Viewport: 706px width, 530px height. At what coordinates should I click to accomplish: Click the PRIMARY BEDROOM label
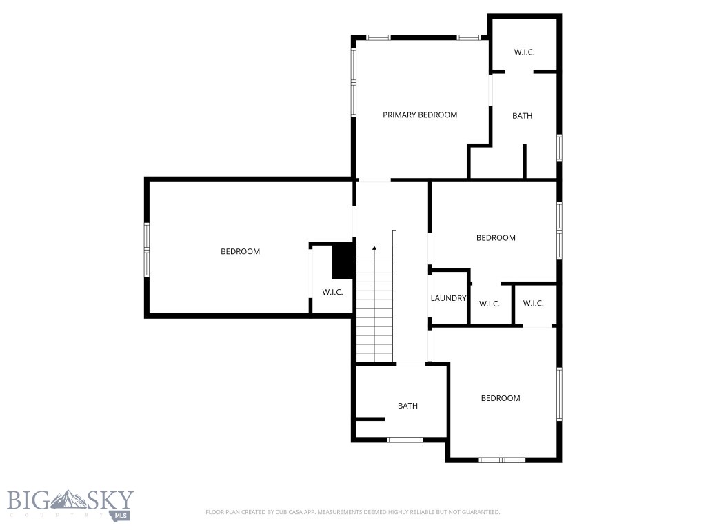[x=420, y=115]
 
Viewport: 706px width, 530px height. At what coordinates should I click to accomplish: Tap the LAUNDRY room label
[x=448, y=298]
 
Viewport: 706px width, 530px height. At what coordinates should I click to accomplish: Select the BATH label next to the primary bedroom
[x=522, y=116]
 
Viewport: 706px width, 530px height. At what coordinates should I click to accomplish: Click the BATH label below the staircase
[x=407, y=406]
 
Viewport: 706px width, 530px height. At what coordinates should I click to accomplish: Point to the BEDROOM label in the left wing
[x=240, y=251]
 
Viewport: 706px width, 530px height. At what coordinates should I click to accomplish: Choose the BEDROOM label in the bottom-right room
[x=501, y=398]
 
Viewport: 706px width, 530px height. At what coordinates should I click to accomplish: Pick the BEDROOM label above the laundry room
[x=496, y=237]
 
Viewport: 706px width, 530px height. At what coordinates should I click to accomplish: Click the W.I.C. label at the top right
[x=524, y=52]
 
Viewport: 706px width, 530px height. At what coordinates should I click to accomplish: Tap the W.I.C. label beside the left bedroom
[x=332, y=292]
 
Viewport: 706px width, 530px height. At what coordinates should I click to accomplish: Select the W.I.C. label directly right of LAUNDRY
[x=489, y=304]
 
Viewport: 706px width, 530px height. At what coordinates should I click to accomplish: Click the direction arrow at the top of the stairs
[x=374, y=248]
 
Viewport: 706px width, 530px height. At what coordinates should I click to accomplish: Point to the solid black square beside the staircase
[x=343, y=261]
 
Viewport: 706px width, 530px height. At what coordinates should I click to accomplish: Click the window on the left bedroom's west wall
[x=147, y=249]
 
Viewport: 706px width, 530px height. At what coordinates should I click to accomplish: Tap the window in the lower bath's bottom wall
[x=405, y=440]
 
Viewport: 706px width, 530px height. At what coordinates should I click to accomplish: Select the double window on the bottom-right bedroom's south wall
[x=502, y=460]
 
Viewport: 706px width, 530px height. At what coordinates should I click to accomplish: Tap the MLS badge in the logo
[x=123, y=515]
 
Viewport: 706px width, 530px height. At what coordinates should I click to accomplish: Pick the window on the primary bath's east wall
[x=559, y=148]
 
